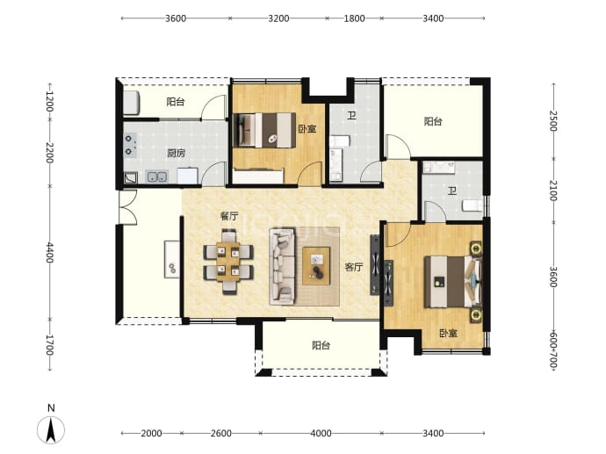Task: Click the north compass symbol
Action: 51,429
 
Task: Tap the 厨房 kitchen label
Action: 177,153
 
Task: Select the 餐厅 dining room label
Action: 229,216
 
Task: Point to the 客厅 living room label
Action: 354,267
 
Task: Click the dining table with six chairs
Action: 228,262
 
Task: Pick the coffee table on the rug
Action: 316,266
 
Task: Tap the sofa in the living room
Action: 283,266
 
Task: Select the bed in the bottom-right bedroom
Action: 452,282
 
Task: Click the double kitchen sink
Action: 157,177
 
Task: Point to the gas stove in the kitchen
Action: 130,145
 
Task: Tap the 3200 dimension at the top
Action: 278,18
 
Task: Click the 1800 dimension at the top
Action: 355,18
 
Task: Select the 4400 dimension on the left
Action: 50,252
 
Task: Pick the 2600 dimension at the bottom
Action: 221,434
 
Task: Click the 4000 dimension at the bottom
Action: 321,434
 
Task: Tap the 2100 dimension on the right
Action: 553,191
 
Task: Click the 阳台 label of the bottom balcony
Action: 321,345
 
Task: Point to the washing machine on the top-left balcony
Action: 132,103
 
